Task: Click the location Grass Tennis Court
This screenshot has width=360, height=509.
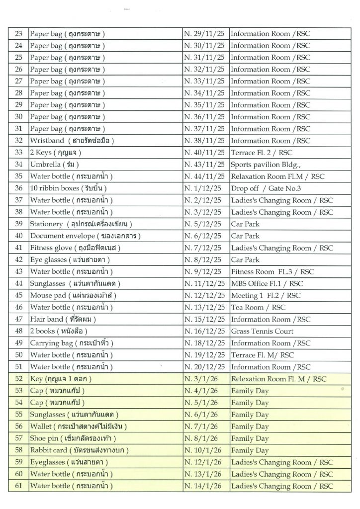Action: (x=262, y=332)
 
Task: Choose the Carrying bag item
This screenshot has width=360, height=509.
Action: (x=72, y=343)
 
